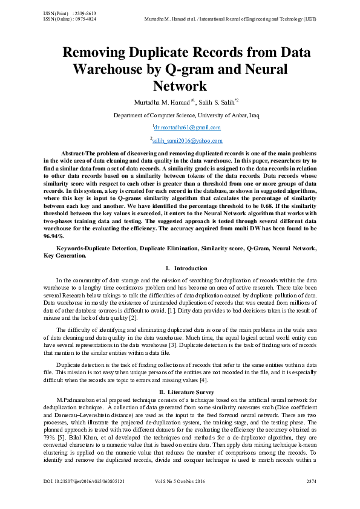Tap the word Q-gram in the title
(x=194, y=68)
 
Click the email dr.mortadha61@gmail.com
(x=187, y=128)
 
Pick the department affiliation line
(x=186, y=114)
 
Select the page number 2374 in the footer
(x=311, y=499)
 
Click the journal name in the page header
(x=231, y=18)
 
